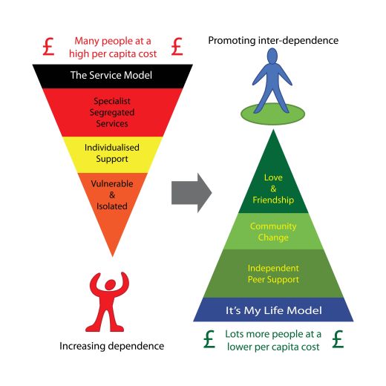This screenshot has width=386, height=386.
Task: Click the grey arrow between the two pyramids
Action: (x=192, y=193)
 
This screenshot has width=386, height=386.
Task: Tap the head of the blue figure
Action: (x=272, y=56)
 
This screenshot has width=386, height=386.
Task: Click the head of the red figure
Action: (x=110, y=284)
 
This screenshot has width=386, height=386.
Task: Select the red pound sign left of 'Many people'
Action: (x=48, y=47)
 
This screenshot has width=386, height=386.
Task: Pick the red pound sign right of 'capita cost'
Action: (x=177, y=47)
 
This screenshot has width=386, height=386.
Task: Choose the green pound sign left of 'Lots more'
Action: (x=209, y=339)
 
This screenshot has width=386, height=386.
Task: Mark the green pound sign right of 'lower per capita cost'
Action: (x=338, y=339)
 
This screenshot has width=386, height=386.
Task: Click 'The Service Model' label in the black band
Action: (x=111, y=75)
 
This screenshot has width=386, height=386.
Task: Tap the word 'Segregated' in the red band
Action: (x=112, y=113)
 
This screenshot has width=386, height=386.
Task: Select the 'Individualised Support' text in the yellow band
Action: (x=112, y=153)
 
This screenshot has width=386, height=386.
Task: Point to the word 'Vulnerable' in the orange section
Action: (x=112, y=183)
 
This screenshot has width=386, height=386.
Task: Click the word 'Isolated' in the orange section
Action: (x=112, y=206)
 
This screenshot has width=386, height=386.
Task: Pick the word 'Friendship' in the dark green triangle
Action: (x=273, y=200)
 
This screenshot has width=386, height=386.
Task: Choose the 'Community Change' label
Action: (x=273, y=232)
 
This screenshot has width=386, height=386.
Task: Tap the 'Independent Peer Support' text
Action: (x=273, y=274)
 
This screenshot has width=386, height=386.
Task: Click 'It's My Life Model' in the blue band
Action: (x=274, y=310)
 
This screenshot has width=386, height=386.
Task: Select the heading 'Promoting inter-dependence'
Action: (x=273, y=41)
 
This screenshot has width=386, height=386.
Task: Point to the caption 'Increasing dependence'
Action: (x=112, y=346)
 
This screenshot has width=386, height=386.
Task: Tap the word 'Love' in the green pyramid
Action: (x=273, y=177)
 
